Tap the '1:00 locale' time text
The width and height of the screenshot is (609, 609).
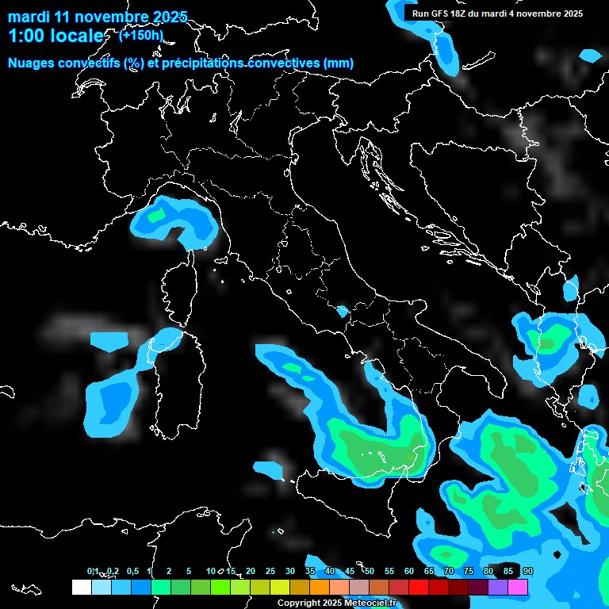(x=56, y=36)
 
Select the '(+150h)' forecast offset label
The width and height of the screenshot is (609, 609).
(x=141, y=35)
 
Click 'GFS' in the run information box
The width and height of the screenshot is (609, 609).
(x=439, y=13)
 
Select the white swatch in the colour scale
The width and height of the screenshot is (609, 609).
(x=81, y=587)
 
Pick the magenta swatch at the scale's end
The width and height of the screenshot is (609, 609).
(x=518, y=587)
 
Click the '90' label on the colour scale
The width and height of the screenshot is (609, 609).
(x=528, y=572)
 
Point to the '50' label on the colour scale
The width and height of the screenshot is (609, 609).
(x=370, y=572)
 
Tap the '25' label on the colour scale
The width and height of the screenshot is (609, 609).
(x=270, y=572)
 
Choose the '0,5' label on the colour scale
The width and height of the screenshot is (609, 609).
(x=132, y=572)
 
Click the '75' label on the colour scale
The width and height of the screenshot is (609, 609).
(x=469, y=572)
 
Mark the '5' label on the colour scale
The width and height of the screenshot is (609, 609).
(x=189, y=572)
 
